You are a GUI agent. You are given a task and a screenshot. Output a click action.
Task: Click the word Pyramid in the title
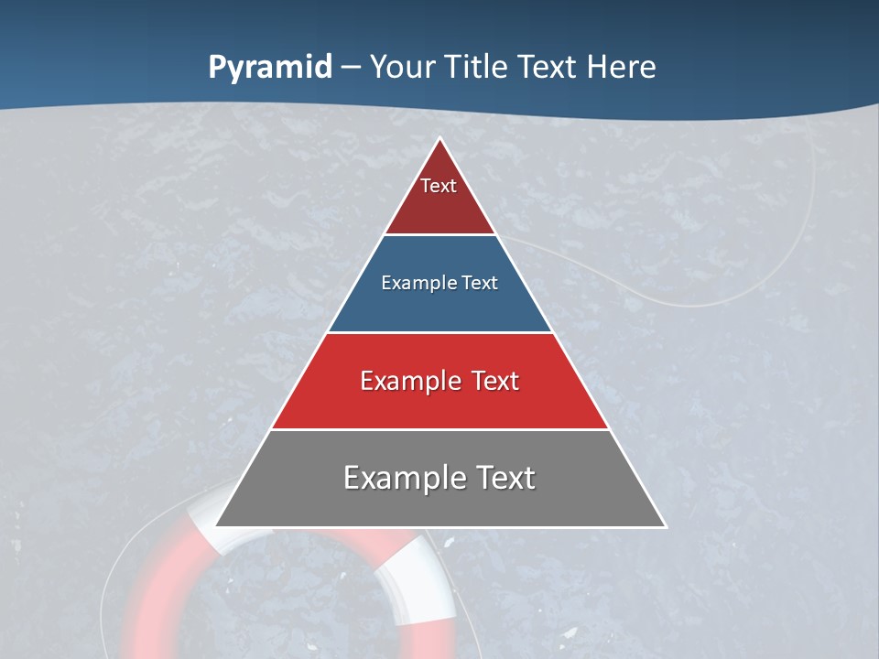269,68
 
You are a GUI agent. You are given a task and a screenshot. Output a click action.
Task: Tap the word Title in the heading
474,68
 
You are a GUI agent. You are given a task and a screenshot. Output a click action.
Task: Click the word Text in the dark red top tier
439,186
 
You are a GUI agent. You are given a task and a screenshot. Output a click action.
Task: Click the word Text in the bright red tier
495,381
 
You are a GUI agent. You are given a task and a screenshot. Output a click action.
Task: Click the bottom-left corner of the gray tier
217,525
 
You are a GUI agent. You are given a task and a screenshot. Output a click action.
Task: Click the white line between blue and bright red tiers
439,332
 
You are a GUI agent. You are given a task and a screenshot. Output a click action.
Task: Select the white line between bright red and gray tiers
439,429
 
